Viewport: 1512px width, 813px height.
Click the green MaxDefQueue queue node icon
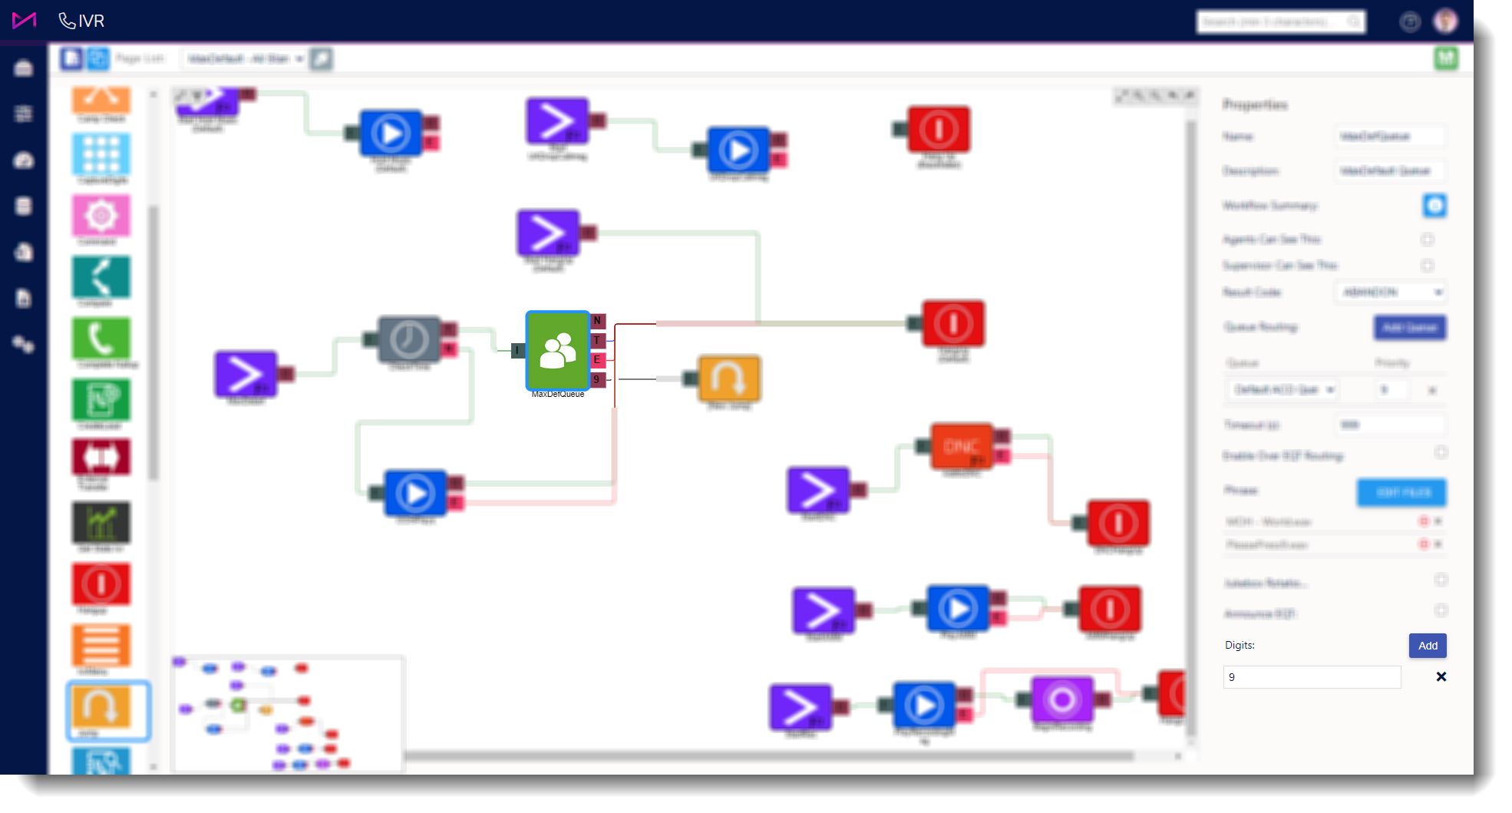pyautogui.click(x=557, y=351)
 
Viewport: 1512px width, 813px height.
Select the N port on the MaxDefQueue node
pyautogui.click(x=597, y=321)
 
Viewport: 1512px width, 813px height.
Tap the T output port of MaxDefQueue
pyautogui.click(x=597, y=340)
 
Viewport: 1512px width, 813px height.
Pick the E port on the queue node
pyautogui.click(x=597, y=359)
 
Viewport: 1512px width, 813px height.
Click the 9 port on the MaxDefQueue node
pyautogui.click(x=597, y=379)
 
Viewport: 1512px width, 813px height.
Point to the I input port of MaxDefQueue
pyautogui.click(x=517, y=351)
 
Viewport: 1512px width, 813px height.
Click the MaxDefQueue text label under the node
pyautogui.click(x=558, y=395)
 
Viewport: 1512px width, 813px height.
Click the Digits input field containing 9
pyautogui.click(x=1311, y=677)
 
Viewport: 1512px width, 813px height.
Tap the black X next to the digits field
pyautogui.click(x=1441, y=677)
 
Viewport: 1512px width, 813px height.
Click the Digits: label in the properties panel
pyautogui.click(x=1240, y=646)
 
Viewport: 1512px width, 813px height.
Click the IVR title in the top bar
pyautogui.click(x=91, y=21)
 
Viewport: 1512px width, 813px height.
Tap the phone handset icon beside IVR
pyautogui.click(x=67, y=21)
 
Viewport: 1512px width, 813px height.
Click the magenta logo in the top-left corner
pyautogui.click(x=24, y=21)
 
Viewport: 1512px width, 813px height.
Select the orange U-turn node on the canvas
pyautogui.click(x=728, y=378)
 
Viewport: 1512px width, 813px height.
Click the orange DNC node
pyautogui.click(x=962, y=446)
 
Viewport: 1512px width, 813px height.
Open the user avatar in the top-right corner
pyautogui.click(x=1445, y=21)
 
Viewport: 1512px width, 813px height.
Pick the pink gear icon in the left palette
pyautogui.click(x=101, y=216)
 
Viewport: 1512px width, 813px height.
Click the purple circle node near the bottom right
pyautogui.click(x=1062, y=699)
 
